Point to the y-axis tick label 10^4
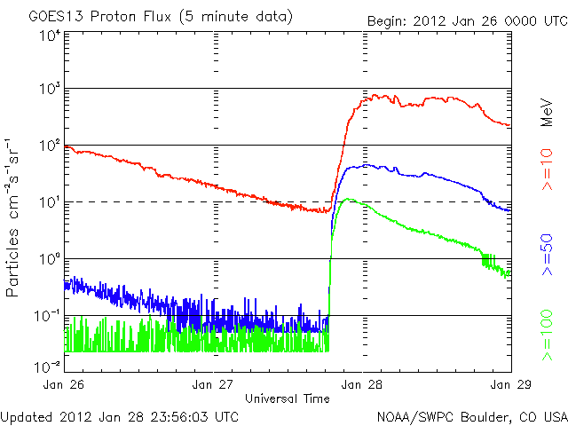coord(49,35)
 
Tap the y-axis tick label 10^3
coord(49,88)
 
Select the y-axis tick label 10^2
coord(49,145)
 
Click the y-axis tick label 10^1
coord(49,201)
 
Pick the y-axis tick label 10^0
coord(49,258)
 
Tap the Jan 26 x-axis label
coord(65,384)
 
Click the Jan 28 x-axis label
coord(362,384)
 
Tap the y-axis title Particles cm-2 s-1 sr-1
coord(15,217)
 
